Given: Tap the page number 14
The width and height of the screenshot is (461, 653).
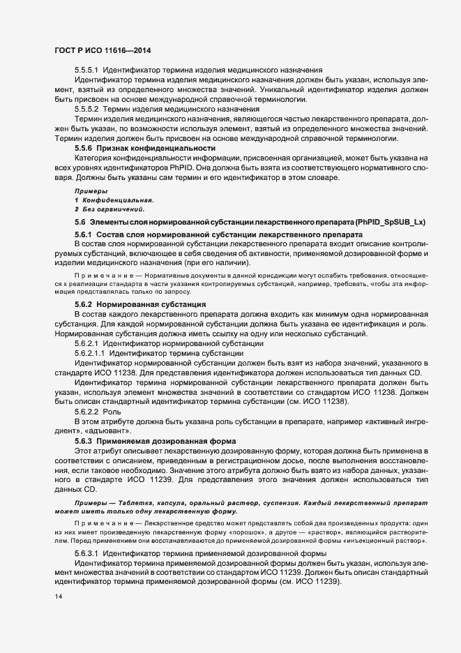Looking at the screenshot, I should [x=59, y=598].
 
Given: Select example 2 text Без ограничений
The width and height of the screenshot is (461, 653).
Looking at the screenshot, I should [x=113, y=209].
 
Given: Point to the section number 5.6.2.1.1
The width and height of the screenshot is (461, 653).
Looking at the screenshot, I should [x=90, y=354].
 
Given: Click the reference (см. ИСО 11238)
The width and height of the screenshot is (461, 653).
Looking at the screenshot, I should [x=328, y=403].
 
